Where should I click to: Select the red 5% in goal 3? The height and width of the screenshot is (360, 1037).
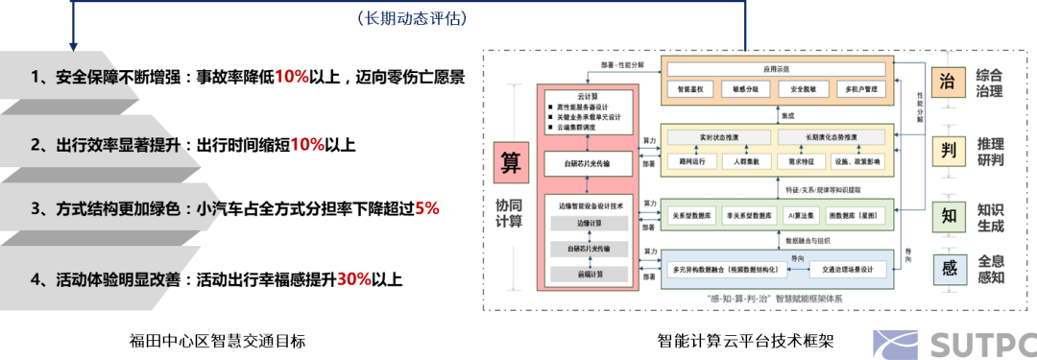pyautogui.click(x=427, y=207)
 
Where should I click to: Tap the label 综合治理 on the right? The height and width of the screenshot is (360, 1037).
pyautogui.click(x=990, y=84)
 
